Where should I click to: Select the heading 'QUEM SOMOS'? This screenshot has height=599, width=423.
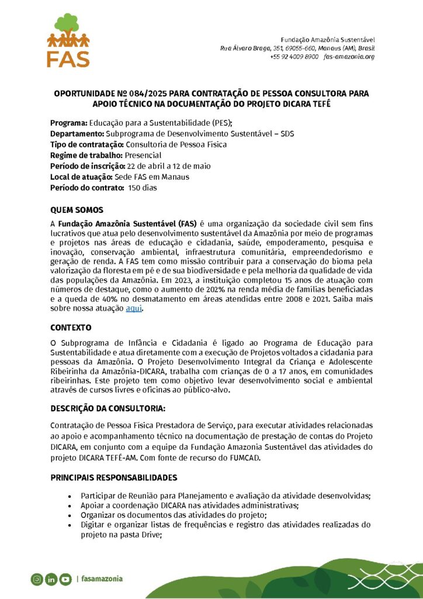click(x=77, y=209)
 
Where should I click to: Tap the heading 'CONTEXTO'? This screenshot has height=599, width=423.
click(x=71, y=328)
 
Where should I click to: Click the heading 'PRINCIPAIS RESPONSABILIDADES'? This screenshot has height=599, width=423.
click(x=113, y=478)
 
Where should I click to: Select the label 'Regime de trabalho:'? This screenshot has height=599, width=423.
click(x=86, y=155)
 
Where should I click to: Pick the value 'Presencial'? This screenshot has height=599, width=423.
click(x=143, y=155)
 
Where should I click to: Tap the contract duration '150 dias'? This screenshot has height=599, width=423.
click(x=143, y=188)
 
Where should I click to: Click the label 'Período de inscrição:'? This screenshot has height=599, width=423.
click(x=88, y=166)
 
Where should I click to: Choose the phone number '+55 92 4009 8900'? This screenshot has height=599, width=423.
click(x=294, y=57)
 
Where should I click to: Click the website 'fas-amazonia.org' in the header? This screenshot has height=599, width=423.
click(x=349, y=57)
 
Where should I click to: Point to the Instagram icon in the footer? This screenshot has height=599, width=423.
click(x=37, y=579)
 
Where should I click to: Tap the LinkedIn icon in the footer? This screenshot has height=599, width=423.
click(x=51, y=579)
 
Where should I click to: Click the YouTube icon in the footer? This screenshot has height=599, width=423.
click(x=65, y=579)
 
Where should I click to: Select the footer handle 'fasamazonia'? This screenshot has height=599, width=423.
click(x=102, y=579)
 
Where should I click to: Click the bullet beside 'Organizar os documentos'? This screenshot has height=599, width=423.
click(x=71, y=515)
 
